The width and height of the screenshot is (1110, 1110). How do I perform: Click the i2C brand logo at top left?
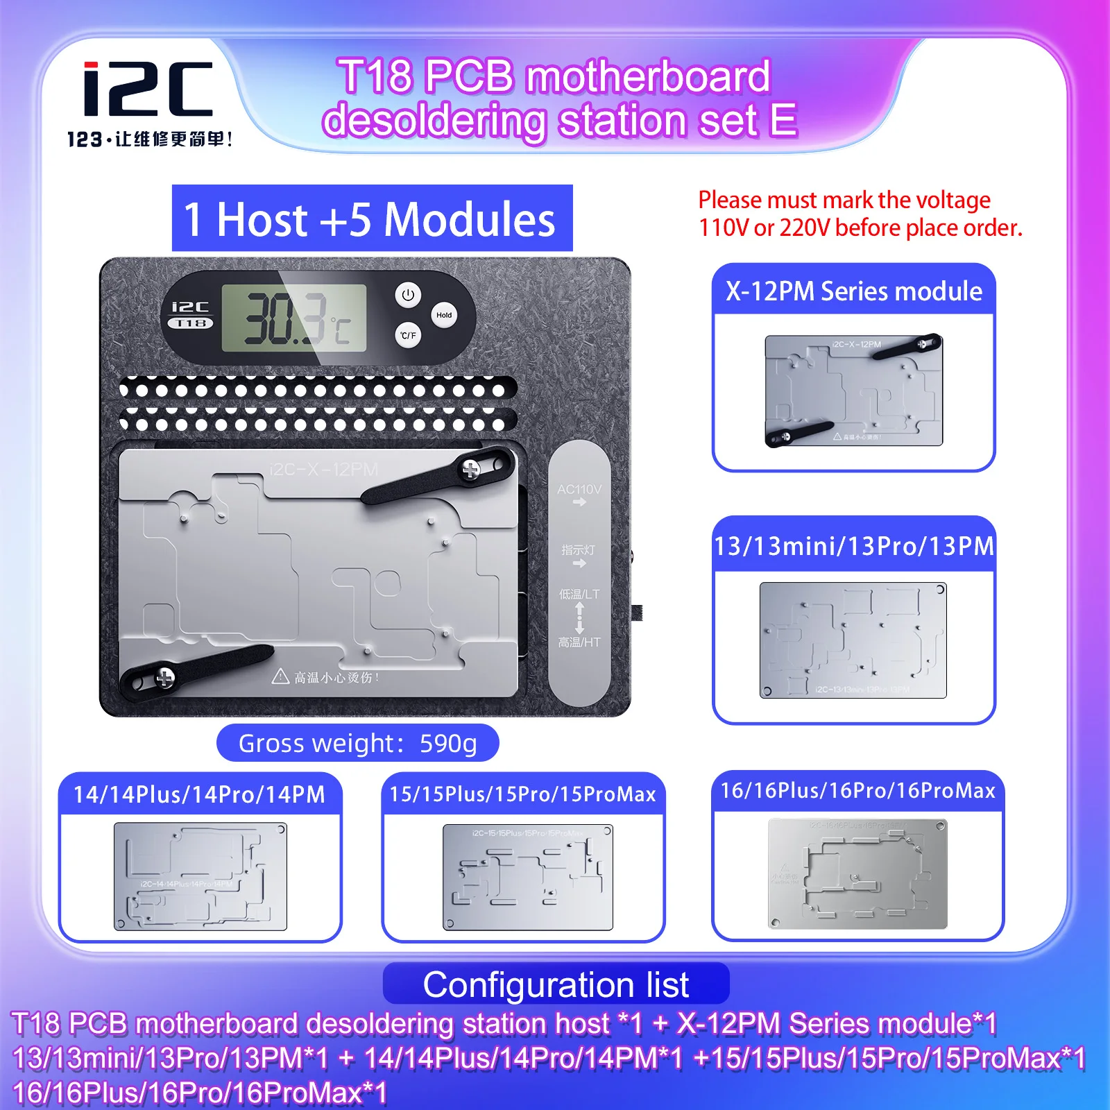pos(148,89)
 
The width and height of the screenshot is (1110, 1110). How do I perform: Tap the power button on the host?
pos(408,295)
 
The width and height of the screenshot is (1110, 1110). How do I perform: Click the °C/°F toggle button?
pos(408,335)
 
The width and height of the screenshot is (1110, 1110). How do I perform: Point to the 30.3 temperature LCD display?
pos(294,318)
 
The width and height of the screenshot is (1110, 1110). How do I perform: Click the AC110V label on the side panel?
pos(579,490)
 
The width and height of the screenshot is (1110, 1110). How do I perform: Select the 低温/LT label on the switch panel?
pos(579,595)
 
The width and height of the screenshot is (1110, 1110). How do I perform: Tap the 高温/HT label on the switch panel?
pos(579,642)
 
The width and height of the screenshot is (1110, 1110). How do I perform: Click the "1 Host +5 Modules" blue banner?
pos(372,219)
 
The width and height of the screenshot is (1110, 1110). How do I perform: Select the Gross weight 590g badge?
pos(357,743)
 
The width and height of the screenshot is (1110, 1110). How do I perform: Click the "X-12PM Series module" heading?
pos(854,291)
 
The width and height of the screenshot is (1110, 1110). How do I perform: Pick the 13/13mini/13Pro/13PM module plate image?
pos(853,640)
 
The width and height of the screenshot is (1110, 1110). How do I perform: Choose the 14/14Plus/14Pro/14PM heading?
pos(199,794)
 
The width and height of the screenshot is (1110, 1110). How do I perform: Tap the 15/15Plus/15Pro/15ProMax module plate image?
pos(528,877)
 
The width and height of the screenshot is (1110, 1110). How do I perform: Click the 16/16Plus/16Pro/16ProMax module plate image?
pos(857,873)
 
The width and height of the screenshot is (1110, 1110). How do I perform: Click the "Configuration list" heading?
pos(556,984)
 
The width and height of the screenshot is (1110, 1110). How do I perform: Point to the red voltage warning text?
pos(860,214)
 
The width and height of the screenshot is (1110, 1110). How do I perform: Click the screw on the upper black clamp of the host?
pos(471,470)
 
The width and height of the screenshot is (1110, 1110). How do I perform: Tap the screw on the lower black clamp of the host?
pos(164,678)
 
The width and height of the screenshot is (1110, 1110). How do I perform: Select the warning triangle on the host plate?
pos(280,676)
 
